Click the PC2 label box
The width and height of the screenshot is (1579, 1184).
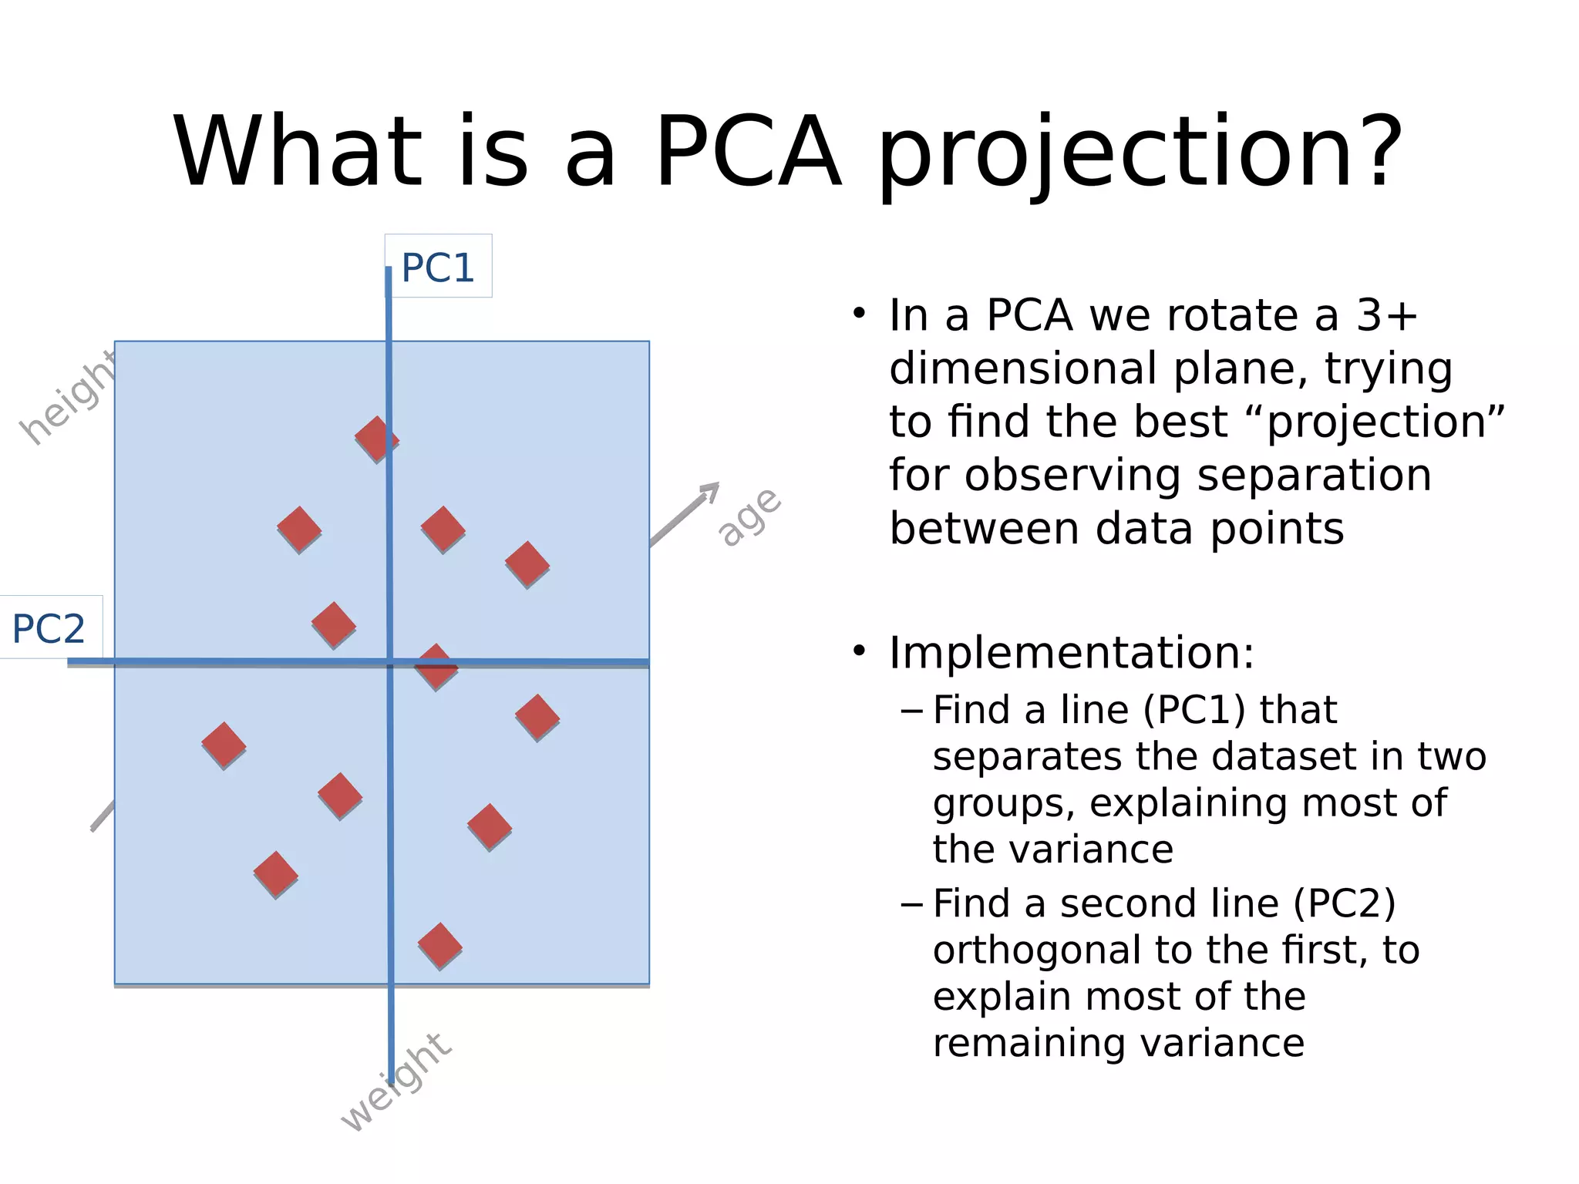pos(49,628)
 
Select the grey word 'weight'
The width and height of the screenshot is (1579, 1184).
pos(396,1083)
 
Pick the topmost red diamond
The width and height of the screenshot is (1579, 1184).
pos(376,439)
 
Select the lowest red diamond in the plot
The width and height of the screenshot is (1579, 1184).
pos(439,945)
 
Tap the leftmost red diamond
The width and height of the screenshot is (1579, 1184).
pos(224,745)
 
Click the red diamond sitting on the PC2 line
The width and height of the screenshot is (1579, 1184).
pos(436,666)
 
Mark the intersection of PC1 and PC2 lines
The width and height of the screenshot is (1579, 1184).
pos(390,662)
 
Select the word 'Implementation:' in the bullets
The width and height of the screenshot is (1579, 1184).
pos(1071,653)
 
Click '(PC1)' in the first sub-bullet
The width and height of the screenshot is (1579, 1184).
pos(1194,709)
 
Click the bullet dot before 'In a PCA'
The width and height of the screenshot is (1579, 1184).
pos(859,314)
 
